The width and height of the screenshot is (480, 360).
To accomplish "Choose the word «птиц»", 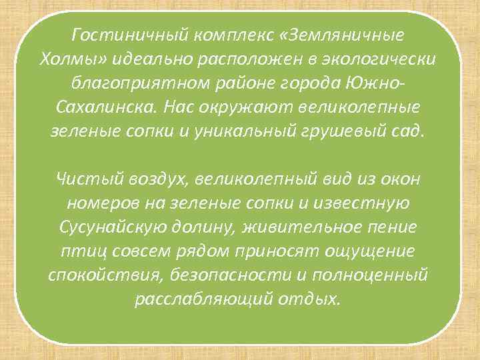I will point(83,251).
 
